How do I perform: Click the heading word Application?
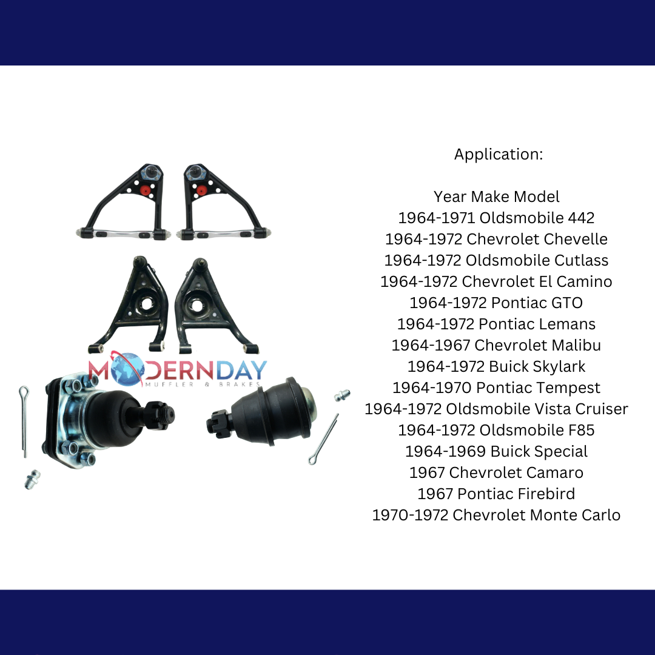point(499,154)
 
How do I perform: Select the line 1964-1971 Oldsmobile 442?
point(496,218)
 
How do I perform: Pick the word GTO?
point(567,303)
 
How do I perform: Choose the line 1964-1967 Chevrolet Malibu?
point(496,345)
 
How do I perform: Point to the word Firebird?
point(546,494)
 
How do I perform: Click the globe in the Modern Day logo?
point(127,369)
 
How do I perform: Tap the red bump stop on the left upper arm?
point(145,190)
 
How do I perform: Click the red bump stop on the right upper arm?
point(201,190)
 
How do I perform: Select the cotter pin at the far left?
point(24,421)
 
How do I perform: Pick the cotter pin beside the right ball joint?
point(323,438)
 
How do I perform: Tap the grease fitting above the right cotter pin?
point(342,394)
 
